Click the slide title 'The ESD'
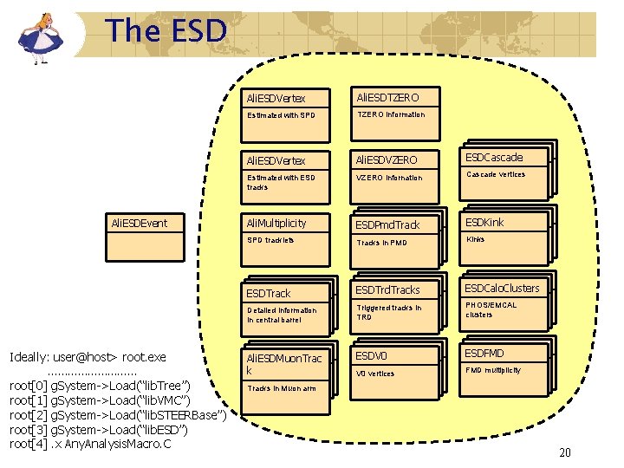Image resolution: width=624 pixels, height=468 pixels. click(166, 31)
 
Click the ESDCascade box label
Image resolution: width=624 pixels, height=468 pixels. click(496, 158)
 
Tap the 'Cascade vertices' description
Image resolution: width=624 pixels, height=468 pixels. click(496, 174)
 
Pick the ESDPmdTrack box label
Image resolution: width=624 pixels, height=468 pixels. click(388, 224)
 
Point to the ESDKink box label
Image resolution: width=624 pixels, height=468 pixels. click(485, 222)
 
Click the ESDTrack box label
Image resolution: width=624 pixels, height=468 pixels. click(270, 293)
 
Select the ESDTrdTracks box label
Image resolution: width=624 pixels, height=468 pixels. click(387, 289)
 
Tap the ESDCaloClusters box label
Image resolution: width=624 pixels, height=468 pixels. click(502, 288)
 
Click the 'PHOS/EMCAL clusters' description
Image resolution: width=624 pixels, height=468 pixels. click(491, 309)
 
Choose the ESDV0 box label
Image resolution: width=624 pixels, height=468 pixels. click(371, 354)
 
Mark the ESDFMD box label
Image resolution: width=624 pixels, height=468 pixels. click(485, 353)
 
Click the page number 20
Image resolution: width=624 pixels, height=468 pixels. click(565, 452)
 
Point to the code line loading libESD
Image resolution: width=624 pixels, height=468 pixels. click(99, 430)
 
